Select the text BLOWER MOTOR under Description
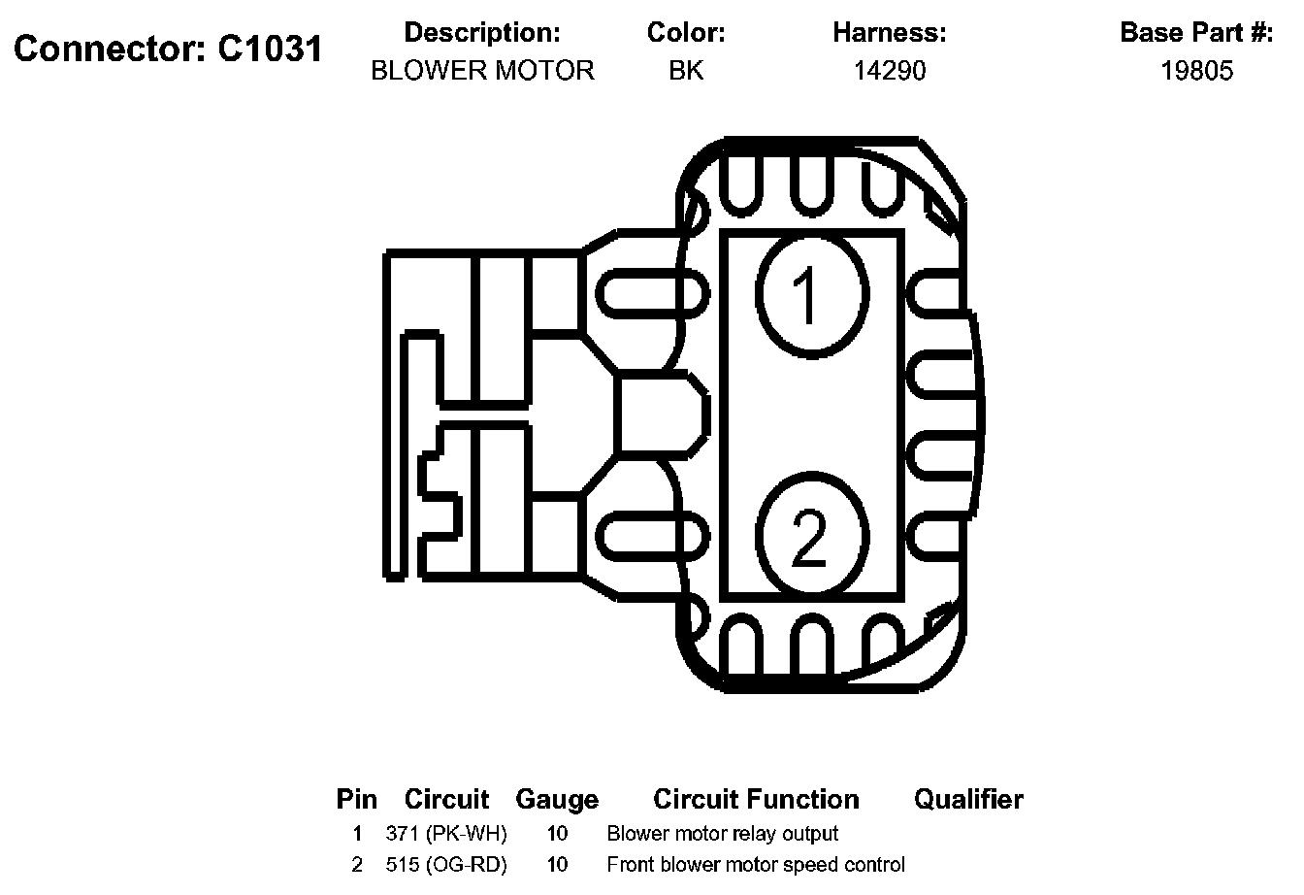point(482,71)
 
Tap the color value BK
point(686,71)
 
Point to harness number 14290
point(889,71)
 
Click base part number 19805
point(1196,71)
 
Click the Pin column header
point(356,800)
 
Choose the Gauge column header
point(557,800)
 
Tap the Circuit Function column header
point(756,800)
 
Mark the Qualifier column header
point(968,800)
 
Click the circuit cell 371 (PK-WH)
point(445,833)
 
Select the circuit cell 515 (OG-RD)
point(445,864)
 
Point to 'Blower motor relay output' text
point(722,833)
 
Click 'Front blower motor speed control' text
point(755,864)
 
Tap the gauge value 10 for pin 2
point(557,864)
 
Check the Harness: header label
point(889,33)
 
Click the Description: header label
point(482,33)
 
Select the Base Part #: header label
point(1196,33)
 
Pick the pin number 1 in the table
point(357,833)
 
